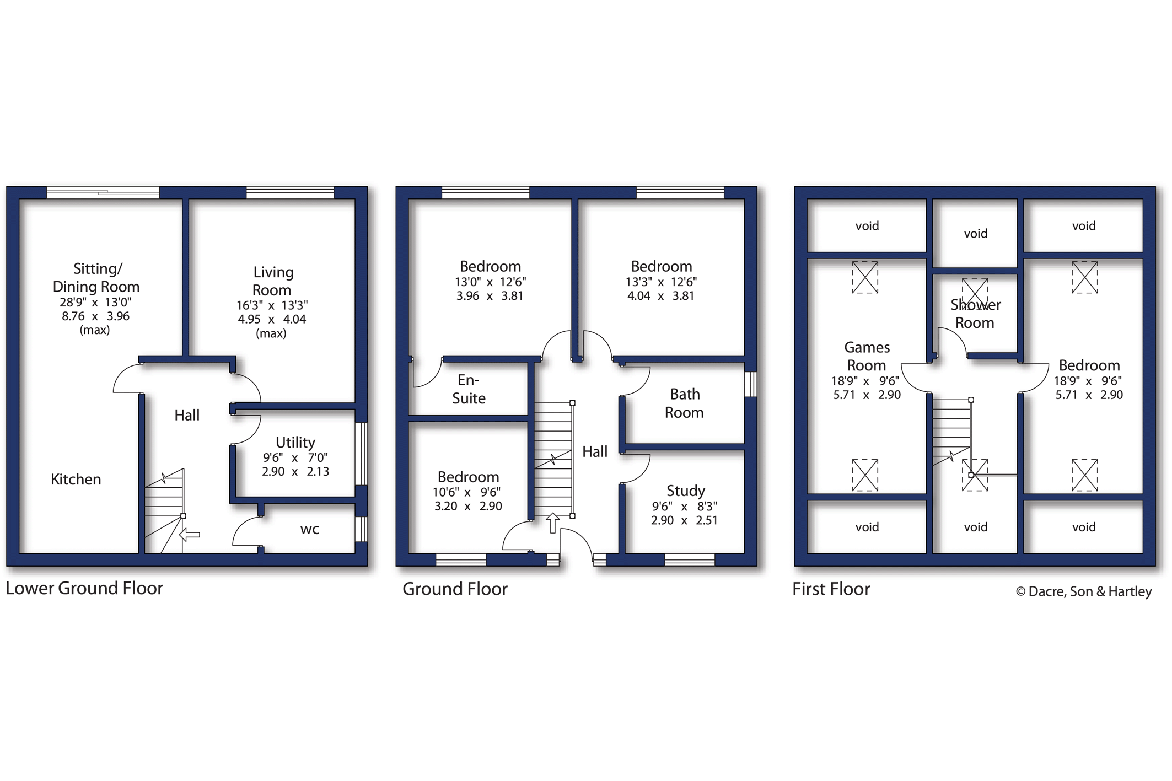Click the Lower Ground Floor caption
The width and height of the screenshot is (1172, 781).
tap(84, 589)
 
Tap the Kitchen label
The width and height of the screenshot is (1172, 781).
tap(76, 480)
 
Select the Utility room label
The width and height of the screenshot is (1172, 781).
tap(295, 442)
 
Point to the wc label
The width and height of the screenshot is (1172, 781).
tap(310, 530)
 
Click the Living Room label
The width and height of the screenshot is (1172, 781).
tap(272, 281)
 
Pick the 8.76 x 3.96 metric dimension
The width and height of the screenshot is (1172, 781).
tap(96, 316)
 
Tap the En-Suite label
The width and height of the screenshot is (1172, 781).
tap(469, 389)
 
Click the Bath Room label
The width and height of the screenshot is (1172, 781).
tap(684, 403)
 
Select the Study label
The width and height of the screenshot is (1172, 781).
tap(686, 491)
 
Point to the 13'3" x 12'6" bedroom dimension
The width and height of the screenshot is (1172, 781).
tap(661, 282)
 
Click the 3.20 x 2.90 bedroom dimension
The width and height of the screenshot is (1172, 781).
tap(468, 507)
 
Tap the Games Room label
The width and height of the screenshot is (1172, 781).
tap(867, 356)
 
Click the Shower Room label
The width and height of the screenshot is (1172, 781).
tap(975, 314)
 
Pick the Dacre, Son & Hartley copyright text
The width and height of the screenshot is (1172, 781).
tap(1084, 591)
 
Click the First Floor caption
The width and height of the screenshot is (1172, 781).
tap(831, 589)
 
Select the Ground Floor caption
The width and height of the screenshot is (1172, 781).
tap(455, 589)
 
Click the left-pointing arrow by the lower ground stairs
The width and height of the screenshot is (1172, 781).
tap(190, 535)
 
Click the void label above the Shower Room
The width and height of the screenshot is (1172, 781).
tap(976, 234)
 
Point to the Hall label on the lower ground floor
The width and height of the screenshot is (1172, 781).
tap(187, 415)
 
